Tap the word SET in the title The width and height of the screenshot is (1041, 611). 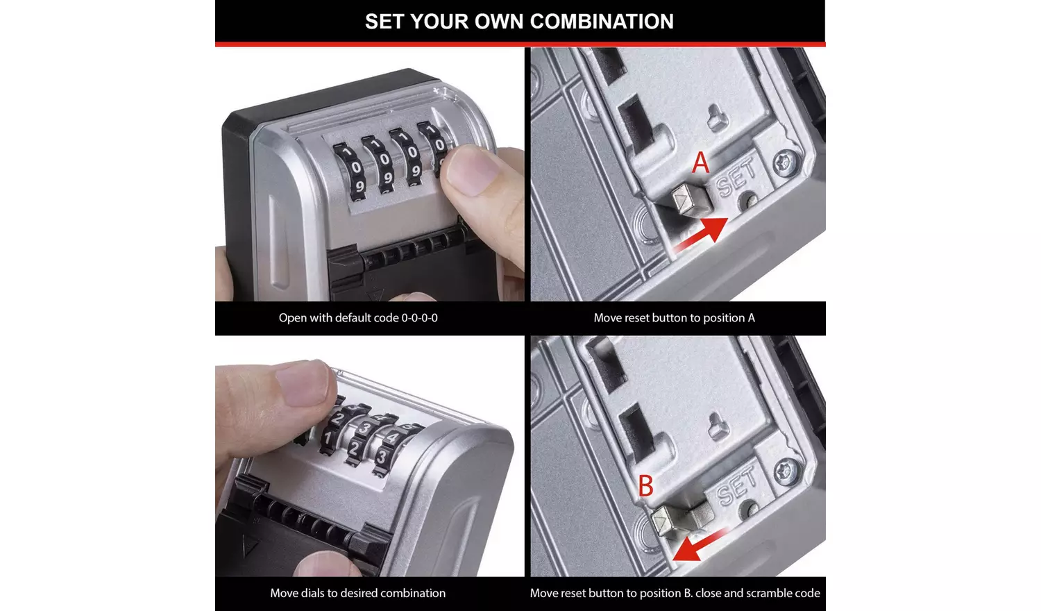384,22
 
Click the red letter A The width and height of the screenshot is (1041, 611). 701,163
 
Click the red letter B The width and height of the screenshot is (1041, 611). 645,486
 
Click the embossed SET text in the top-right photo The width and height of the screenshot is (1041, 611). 736,177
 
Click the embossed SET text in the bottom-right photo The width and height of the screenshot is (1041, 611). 736,486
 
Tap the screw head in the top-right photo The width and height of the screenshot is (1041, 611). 786,164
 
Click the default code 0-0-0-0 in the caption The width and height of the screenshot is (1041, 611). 419,318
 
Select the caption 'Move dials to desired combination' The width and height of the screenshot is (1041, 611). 357,593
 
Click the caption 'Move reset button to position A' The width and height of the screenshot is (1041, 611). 674,318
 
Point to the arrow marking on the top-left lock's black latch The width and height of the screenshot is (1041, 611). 375,294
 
